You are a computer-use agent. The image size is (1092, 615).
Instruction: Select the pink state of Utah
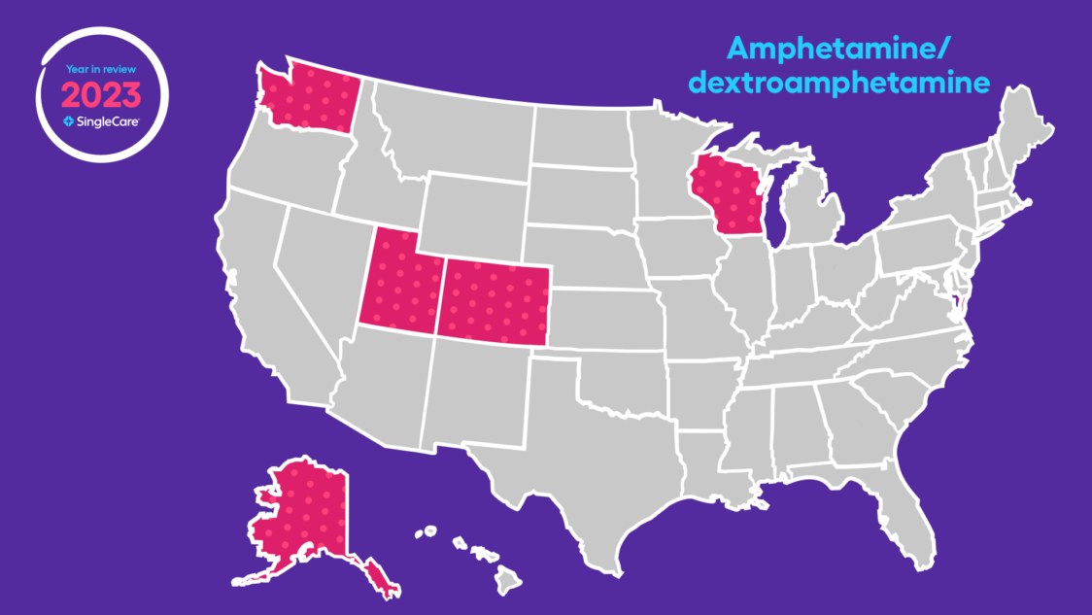tap(400, 282)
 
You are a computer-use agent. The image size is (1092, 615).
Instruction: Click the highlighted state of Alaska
tap(301, 515)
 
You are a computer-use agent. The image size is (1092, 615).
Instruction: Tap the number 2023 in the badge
tap(102, 94)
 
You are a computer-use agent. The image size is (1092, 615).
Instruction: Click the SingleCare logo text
tap(107, 121)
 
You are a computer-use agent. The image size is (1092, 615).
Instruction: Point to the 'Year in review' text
tap(102, 70)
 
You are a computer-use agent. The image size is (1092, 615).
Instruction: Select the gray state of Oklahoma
tap(631, 379)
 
